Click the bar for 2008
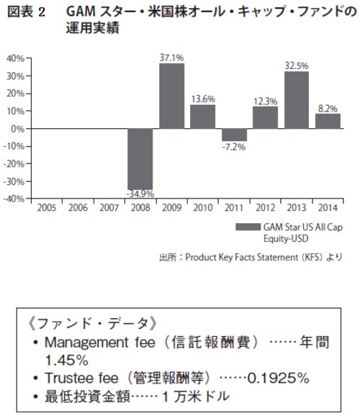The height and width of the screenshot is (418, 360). (x=140, y=159)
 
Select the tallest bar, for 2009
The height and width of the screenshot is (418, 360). (x=171, y=96)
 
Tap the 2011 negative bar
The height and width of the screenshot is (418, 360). (x=234, y=135)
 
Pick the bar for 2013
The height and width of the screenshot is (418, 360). (x=297, y=100)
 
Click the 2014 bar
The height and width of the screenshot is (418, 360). (x=328, y=122)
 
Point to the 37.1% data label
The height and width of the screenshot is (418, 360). (x=171, y=58)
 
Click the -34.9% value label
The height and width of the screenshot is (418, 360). (x=140, y=194)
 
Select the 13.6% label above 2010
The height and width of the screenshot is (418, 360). (x=203, y=99)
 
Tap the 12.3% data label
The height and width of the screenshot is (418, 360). (x=265, y=101)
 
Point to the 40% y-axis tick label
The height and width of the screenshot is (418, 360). (x=15, y=58)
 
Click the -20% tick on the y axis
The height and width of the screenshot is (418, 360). (x=14, y=164)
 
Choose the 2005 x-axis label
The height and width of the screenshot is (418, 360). (x=47, y=208)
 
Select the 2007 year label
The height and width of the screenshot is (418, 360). (x=109, y=208)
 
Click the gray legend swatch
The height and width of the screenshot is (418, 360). (x=248, y=227)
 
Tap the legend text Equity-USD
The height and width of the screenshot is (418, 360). (x=286, y=238)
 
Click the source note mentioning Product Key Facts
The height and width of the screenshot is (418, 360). (x=251, y=258)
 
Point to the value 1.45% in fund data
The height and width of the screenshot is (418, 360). (x=66, y=360)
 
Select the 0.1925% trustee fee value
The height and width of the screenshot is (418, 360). (x=278, y=378)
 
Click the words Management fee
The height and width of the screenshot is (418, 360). (x=100, y=342)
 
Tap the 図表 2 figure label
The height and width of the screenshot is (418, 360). (x=26, y=12)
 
